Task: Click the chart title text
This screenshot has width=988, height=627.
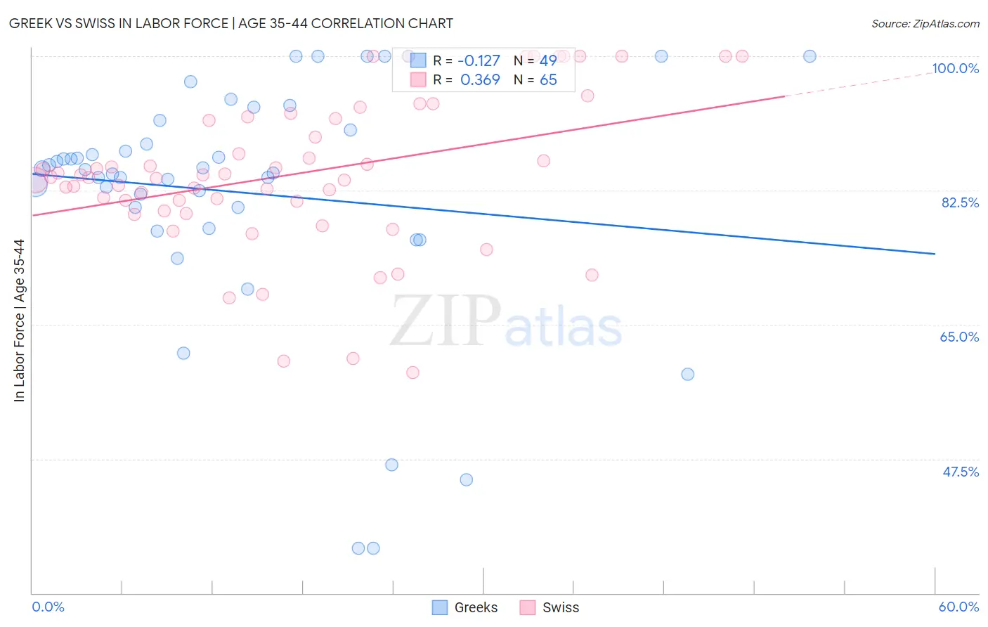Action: [x=231, y=23]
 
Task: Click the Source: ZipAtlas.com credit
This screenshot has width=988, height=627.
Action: [x=925, y=23]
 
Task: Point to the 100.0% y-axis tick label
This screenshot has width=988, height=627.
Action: [x=955, y=68]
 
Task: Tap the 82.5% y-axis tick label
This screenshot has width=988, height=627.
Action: [x=960, y=202]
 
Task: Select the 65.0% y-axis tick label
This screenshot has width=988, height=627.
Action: [x=959, y=337]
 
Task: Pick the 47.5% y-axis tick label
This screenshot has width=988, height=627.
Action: [x=960, y=472]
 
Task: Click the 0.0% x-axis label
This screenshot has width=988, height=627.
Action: [x=48, y=607]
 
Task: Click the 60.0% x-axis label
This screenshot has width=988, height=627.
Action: [x=958, y=607]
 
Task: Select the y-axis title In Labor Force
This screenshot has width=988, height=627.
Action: [x=19, y=321]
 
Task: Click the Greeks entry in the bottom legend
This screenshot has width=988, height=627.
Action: [x=464, y=607]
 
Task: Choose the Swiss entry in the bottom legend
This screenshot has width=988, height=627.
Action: [x=550, y=607]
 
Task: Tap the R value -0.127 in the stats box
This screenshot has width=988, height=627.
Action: [x=479, y=61]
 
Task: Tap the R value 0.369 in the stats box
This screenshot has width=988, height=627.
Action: [x=480, y=80]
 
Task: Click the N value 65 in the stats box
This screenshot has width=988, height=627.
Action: [x=548, y=80]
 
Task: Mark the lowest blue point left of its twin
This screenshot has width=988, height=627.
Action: [x=358, y=548]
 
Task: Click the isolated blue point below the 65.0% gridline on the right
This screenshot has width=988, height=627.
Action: [x=688, y=374]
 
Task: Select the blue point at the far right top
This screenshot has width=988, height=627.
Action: [x=810, y=56]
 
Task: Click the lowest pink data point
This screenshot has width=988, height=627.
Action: [x=412, y=373]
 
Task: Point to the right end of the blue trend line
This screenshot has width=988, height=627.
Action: [x=935, y=253]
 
